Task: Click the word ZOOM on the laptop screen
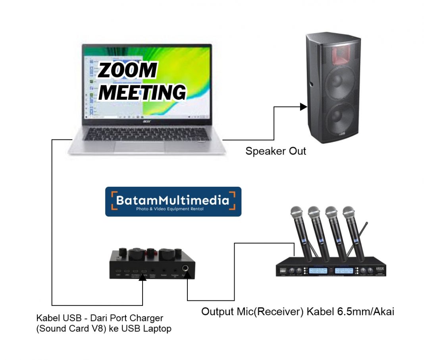click(x=127, y=71)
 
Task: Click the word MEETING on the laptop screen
click(x=142, y=92)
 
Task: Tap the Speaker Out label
click(x=276, y=151)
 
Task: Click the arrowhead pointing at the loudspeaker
click(x=304, y=106)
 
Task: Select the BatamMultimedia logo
click(x=173, y=201)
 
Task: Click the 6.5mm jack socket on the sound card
click(x=185, y=268)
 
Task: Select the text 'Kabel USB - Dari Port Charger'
click(x=100, y=318)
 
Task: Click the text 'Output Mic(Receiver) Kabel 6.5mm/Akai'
click(x=297, y=312)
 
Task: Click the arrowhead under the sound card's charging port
click(x=143, y=277)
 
